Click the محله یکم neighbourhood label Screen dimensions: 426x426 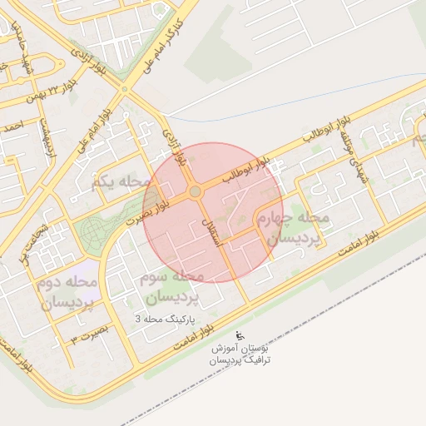[x=121, y=181]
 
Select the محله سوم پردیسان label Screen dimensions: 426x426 [x=172, y=285]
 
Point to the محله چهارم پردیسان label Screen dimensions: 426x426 [x=298, y=227]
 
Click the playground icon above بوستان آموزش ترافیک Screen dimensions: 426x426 [x=240, y=335]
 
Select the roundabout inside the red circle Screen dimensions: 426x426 [x=195, y=192]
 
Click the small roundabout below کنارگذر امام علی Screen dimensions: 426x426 [x=124, y=87]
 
